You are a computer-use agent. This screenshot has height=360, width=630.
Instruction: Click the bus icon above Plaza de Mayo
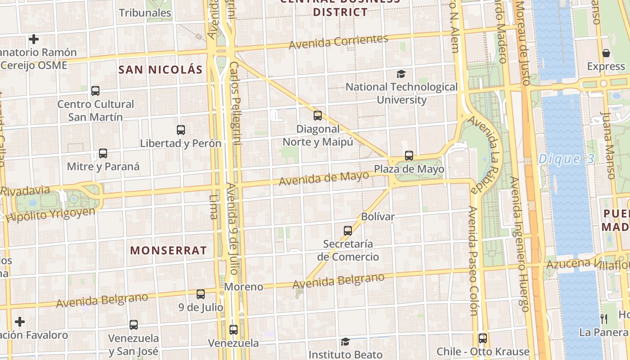pyautogui.click(x=409, y=156)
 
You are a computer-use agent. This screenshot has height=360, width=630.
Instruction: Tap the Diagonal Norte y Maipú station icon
pyautogui.click(x=318, y=116)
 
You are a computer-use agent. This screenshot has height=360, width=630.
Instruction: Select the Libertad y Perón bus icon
pyautogui.click(x=181, y=130)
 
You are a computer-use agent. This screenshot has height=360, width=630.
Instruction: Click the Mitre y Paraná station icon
pyautogui.click(x=103, y=153)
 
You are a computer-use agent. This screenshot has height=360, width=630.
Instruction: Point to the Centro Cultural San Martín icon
pyautogui.click(x=95, y=91)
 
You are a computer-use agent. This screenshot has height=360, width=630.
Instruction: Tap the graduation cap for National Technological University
pyautogui.click(x=401, y=74)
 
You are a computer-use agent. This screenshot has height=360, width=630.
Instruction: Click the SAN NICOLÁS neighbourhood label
pyautogui.click(x=160, y=70)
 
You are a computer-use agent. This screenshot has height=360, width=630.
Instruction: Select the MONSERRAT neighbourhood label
pyautogui.click(x=169, y=251)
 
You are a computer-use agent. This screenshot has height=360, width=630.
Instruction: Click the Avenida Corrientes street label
pyautogui.click(x=338, y=42)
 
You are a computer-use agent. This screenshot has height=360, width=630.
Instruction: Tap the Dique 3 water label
pyautogui.click(x=566, y=159)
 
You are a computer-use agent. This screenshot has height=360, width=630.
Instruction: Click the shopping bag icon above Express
pyautogui.click(x=606, y=53)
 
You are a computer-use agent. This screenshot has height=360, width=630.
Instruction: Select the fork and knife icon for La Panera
pyautogui.click(x=604, y=319)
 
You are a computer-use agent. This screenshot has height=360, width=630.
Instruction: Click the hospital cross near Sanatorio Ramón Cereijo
pyautogui.click(x=34, y=39)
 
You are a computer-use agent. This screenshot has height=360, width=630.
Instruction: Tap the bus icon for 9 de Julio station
pyautogui.click(x=201, y=294)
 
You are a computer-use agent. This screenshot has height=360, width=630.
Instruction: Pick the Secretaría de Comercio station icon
pyautogui.click(x=348, y=231)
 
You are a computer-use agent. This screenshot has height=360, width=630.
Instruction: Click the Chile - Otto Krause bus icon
pyautogui.click(x=483, y=338)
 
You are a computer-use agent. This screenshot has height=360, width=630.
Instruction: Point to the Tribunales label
pyautogui.click(x=145, y=13)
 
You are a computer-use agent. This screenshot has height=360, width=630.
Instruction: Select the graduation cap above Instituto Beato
pyautogui.click(x=345, y=342)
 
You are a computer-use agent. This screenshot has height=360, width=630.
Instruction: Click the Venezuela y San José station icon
pyautogui.click(x=134, y=325)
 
